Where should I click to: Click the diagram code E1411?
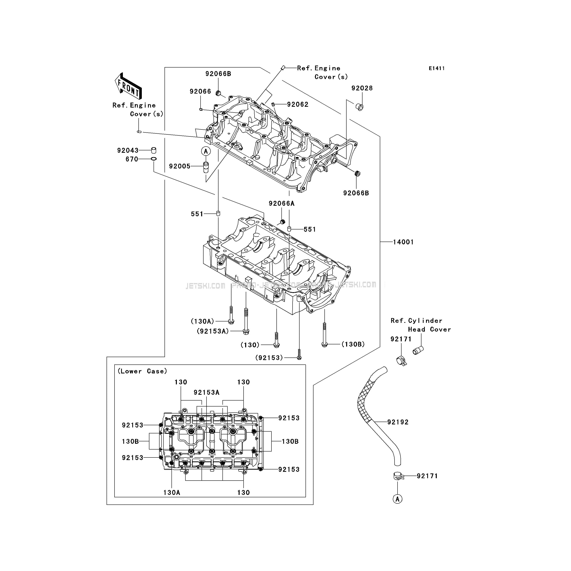[x=437, y=68]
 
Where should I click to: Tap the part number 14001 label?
[x=403, y=242]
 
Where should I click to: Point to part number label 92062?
[x=297, y=104]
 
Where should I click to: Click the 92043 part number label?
[x=128, y=150]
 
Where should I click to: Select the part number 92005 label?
[x=179, y=166]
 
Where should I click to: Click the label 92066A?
[x=281, y=203]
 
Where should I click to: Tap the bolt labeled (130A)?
[x=231, y=316]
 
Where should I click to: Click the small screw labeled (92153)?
[x=299, y=355]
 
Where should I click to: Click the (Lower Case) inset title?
[x=142, y=371]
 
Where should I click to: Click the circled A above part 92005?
[x=206, y=151]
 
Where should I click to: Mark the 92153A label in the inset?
[x=206, y=393]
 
